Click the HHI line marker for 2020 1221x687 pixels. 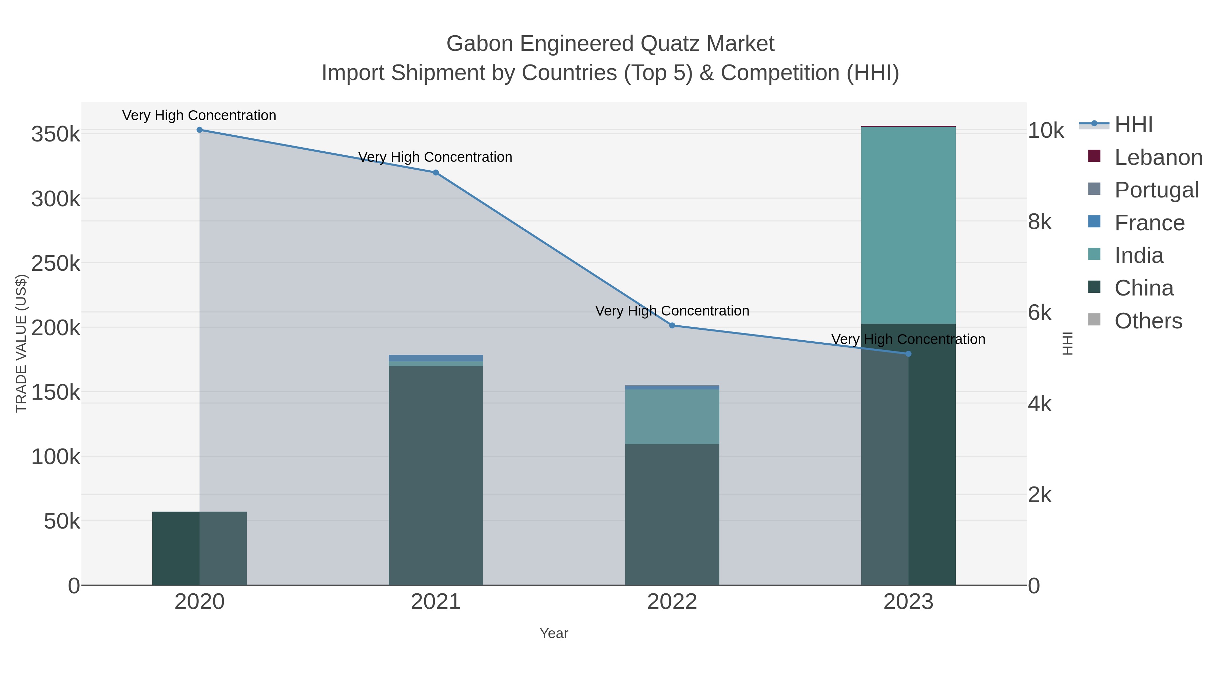(x=199, y=130)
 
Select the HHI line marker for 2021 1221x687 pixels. (x=435, y=173)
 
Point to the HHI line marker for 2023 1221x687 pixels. (x=908, y=354)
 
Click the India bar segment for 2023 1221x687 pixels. (x=908, y=225)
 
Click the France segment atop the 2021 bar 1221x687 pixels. (x=435, y=358)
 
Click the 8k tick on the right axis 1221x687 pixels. (x=1040, y=222)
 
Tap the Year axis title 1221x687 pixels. (x=554, y=633)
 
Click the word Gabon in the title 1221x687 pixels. (x=480, y=44)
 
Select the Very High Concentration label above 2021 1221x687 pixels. (x=435, y=157)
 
